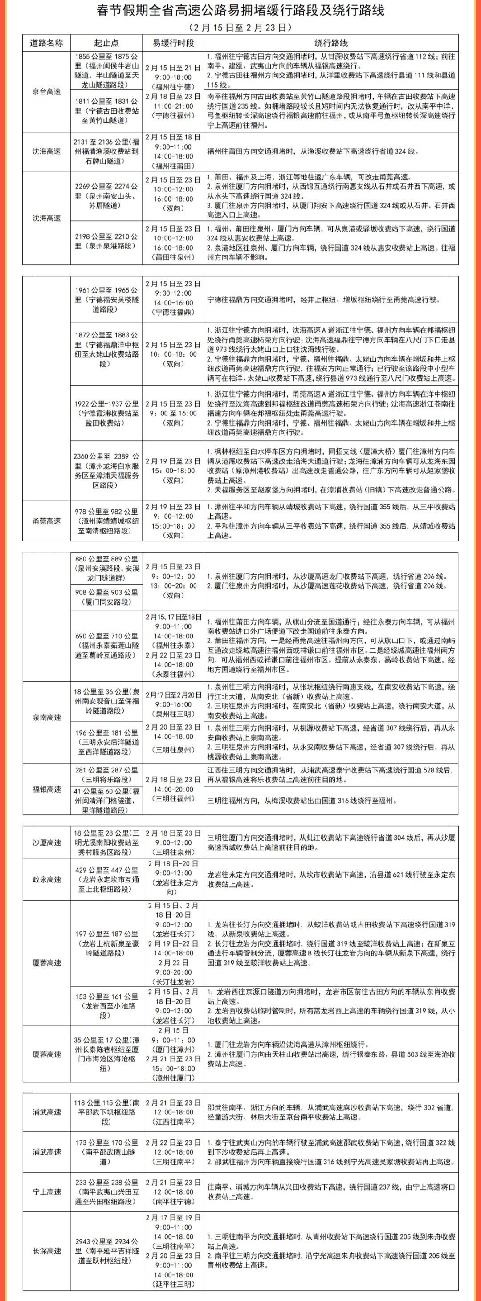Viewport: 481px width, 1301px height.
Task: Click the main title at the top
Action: (x=240, y=11)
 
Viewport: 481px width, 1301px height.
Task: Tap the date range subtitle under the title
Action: (x=240, y=27)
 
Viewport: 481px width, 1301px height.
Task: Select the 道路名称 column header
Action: (x=46, y=43)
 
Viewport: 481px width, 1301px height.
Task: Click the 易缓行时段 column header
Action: (x=173, y=43)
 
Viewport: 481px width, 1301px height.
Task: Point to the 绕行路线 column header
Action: (x=331, y=43)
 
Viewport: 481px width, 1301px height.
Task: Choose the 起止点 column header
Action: (x=106, y=43)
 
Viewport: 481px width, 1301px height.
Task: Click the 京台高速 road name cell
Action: (x=46, y=91)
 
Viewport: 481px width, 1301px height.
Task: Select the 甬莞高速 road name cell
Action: (x=46, y=520)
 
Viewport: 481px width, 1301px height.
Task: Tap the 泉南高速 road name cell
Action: (x=46, y=717)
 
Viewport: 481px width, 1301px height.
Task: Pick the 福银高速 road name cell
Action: (x=46, y=789)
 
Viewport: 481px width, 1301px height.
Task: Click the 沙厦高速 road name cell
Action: (x=46, y=842)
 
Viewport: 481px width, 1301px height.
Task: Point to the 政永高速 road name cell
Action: (x=46, y=879)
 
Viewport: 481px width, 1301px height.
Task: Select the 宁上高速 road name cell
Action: (x=46, y=1191)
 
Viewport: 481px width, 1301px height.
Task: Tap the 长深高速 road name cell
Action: (x=46, y=1251)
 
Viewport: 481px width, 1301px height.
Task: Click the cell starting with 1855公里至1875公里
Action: (x=106, y=71)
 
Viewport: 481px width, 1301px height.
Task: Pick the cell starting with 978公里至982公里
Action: (x=106, y=520)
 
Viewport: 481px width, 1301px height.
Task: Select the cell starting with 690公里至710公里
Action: (x=106, y=646)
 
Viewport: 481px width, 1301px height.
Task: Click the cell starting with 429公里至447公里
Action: (x=106, y=879)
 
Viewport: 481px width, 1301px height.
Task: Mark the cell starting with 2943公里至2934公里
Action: (x=106, y=1251)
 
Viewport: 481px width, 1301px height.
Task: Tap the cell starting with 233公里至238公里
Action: (x=106, y=1191)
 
